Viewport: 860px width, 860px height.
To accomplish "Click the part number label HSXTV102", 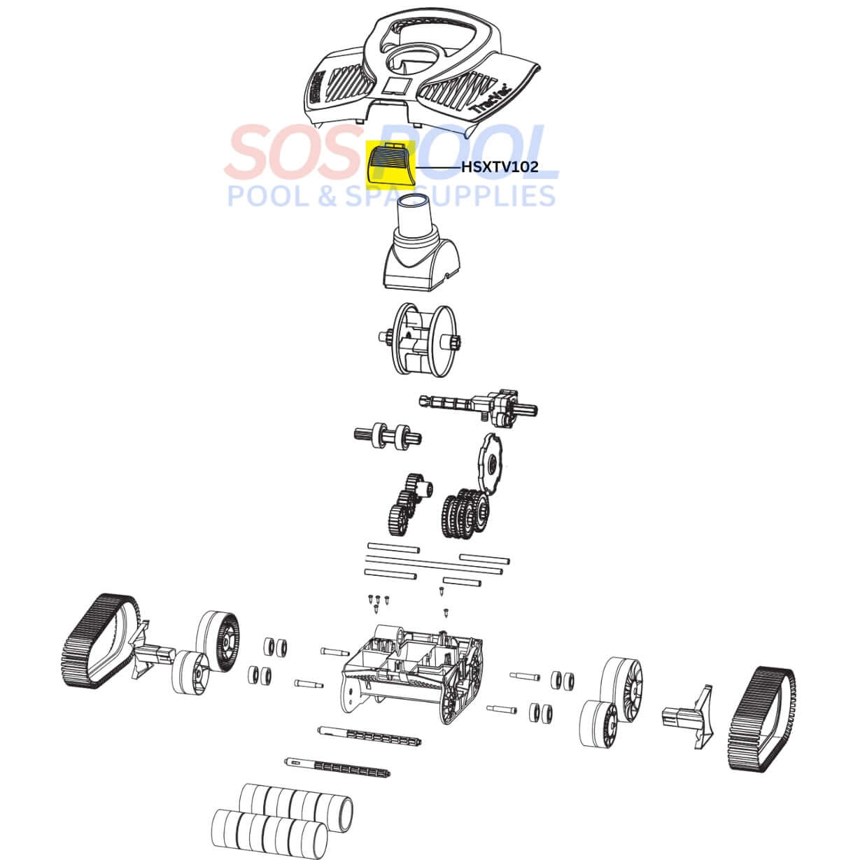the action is click(500, 167).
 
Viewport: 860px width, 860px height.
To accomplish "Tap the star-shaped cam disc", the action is click(489, 464).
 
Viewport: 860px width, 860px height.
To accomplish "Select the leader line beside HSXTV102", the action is click(438, 168).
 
